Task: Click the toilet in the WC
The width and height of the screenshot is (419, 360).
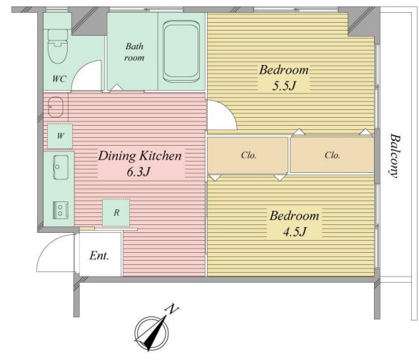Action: point(58,46)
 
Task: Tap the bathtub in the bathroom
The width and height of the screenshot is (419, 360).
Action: point(181,51)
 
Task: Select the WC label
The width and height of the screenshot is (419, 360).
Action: point(59,79)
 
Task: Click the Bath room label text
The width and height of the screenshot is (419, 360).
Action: point(134,51)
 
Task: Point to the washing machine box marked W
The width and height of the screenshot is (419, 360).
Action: point(60,136)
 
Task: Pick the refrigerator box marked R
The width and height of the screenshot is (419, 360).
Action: point(116,213)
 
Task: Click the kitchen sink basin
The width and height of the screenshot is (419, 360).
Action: point(61,167)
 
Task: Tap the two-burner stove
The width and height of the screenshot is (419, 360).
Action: point(61,210)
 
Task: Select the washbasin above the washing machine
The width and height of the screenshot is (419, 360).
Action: point(56,107)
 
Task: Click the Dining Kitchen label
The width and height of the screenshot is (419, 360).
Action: point(140,156)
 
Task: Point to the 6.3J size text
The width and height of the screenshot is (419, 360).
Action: point(138,171)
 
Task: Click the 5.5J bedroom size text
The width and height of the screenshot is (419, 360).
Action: point(284,86)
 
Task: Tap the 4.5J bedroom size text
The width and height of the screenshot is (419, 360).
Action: point(295,232)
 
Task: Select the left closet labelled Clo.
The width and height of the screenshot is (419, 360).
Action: point(248,156)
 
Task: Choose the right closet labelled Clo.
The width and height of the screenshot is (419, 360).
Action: point(332,155)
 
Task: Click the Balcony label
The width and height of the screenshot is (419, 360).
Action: point(395,156)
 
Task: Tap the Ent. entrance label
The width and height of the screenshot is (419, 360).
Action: point(99,256)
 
